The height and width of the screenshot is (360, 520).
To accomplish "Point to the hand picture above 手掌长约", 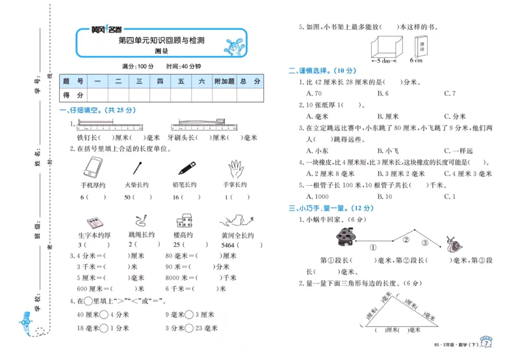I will (x=237, y=169).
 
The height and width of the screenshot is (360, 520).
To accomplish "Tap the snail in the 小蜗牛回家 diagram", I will (x=455, y=246).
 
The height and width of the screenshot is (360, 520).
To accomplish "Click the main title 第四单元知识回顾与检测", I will (x=161, y=40).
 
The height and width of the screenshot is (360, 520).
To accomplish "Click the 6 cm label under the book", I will (x=417, y=60).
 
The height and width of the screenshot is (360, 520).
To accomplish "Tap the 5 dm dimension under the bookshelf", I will (x=382, y=60).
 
